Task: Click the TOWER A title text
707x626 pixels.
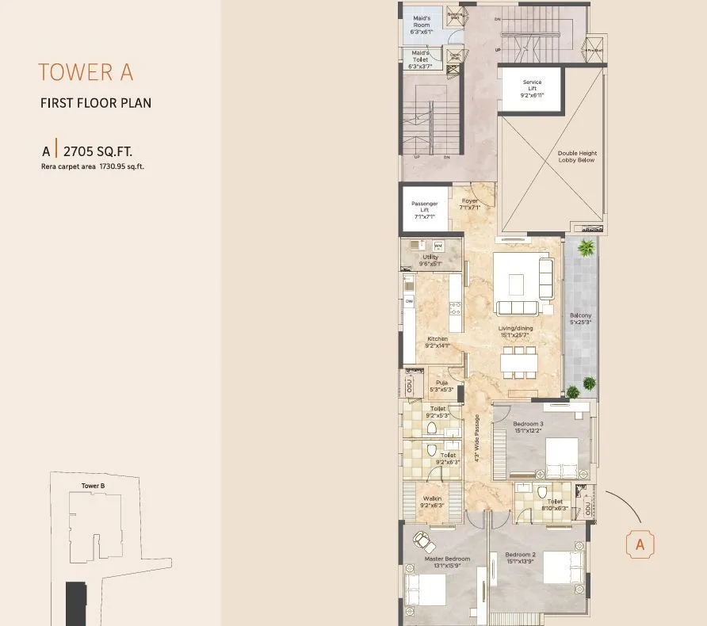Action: click(86, 72)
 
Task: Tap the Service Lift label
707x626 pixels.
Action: click(532, 88)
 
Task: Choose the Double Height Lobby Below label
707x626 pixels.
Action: click(577, 157)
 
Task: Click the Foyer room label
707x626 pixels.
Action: click(469, 204)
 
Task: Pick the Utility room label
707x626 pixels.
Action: click(430, 260)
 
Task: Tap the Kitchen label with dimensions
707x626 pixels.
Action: click(438, 342)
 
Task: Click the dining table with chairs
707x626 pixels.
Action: click(518, 364)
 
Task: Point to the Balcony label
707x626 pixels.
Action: click(580, 319)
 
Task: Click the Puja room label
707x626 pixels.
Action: click(441, 386)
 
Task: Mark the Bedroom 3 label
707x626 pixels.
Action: click(528, 427)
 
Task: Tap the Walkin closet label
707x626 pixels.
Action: click(432, 502)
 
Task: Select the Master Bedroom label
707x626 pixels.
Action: click(446, 562)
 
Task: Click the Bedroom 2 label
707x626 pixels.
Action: click(521, 557)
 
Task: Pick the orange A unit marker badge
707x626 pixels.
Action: click(640, 544)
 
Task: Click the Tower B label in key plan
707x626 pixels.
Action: click(93, 485)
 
